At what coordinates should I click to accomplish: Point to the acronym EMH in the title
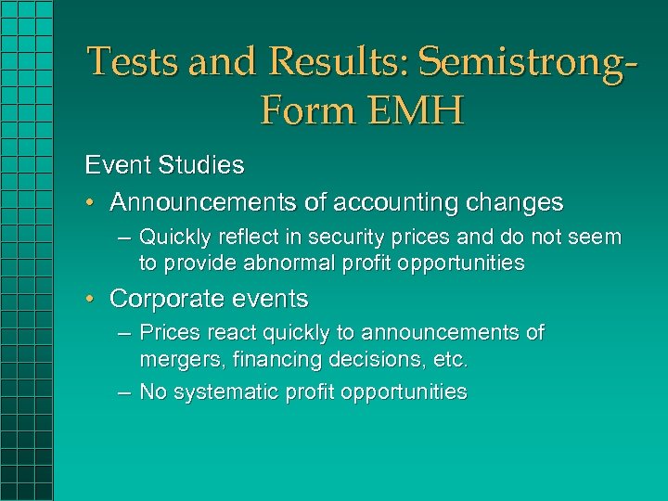(414, 112)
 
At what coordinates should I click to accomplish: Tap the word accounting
(400, 202)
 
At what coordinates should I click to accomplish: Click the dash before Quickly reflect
(124, 238)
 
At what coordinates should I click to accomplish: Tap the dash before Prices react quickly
(124, 333)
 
